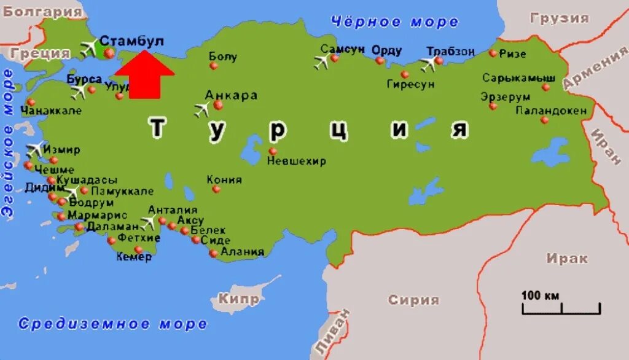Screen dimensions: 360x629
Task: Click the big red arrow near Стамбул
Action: pyautogui.click(x=144, y=75)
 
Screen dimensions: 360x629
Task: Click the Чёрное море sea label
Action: pyautogui.click(x=394, y=22)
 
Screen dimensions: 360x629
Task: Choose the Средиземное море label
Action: pyautogui.click(x=112, y=324)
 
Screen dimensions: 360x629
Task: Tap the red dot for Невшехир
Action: pyautogui.click(x=273, y=151)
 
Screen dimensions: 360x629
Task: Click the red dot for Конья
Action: pyautogui.click(x=216, y=189)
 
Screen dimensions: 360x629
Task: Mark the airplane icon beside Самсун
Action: pyautogui.click(x=321, y=61)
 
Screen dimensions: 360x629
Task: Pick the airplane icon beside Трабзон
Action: pyautogui.click(x=428, y=64)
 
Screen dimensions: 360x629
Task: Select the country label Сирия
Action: pyautogui.click(x=413, y=300)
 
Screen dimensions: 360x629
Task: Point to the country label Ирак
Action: pyautogui.click(x=567, y=259)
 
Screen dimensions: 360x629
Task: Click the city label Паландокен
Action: pyautogui.click(x=551, y=111)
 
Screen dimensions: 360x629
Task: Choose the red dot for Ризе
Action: pyautogui.click(x=493, y=53)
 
